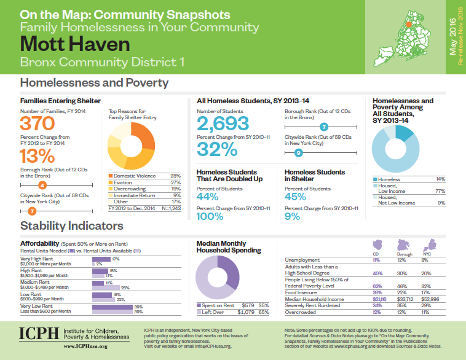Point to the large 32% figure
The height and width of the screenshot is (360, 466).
[x=217, y=149]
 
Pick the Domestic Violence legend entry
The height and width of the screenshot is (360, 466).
[x=135, y=176]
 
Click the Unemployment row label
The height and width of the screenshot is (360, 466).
[x=303, y=260]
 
